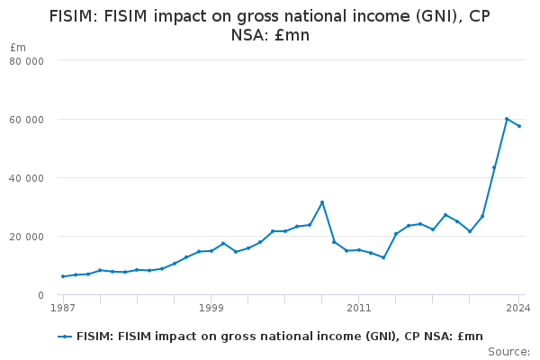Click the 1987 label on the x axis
[x=63, y=308]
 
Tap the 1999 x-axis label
[x=211, y=308]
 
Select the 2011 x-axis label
[x=358, y=308]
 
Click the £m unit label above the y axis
[x=18, y=47]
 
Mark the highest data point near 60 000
[x=507, y=119]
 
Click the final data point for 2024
[x=519, y=126]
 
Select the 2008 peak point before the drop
[x=321, y=202]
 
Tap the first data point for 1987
[x=63, y=276]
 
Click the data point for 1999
[x=211, y=251]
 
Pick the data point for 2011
[x=358, y=250]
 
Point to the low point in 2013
[x=383, y=257]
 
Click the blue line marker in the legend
[x=65, y=336]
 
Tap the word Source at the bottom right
[x=508, y=352]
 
